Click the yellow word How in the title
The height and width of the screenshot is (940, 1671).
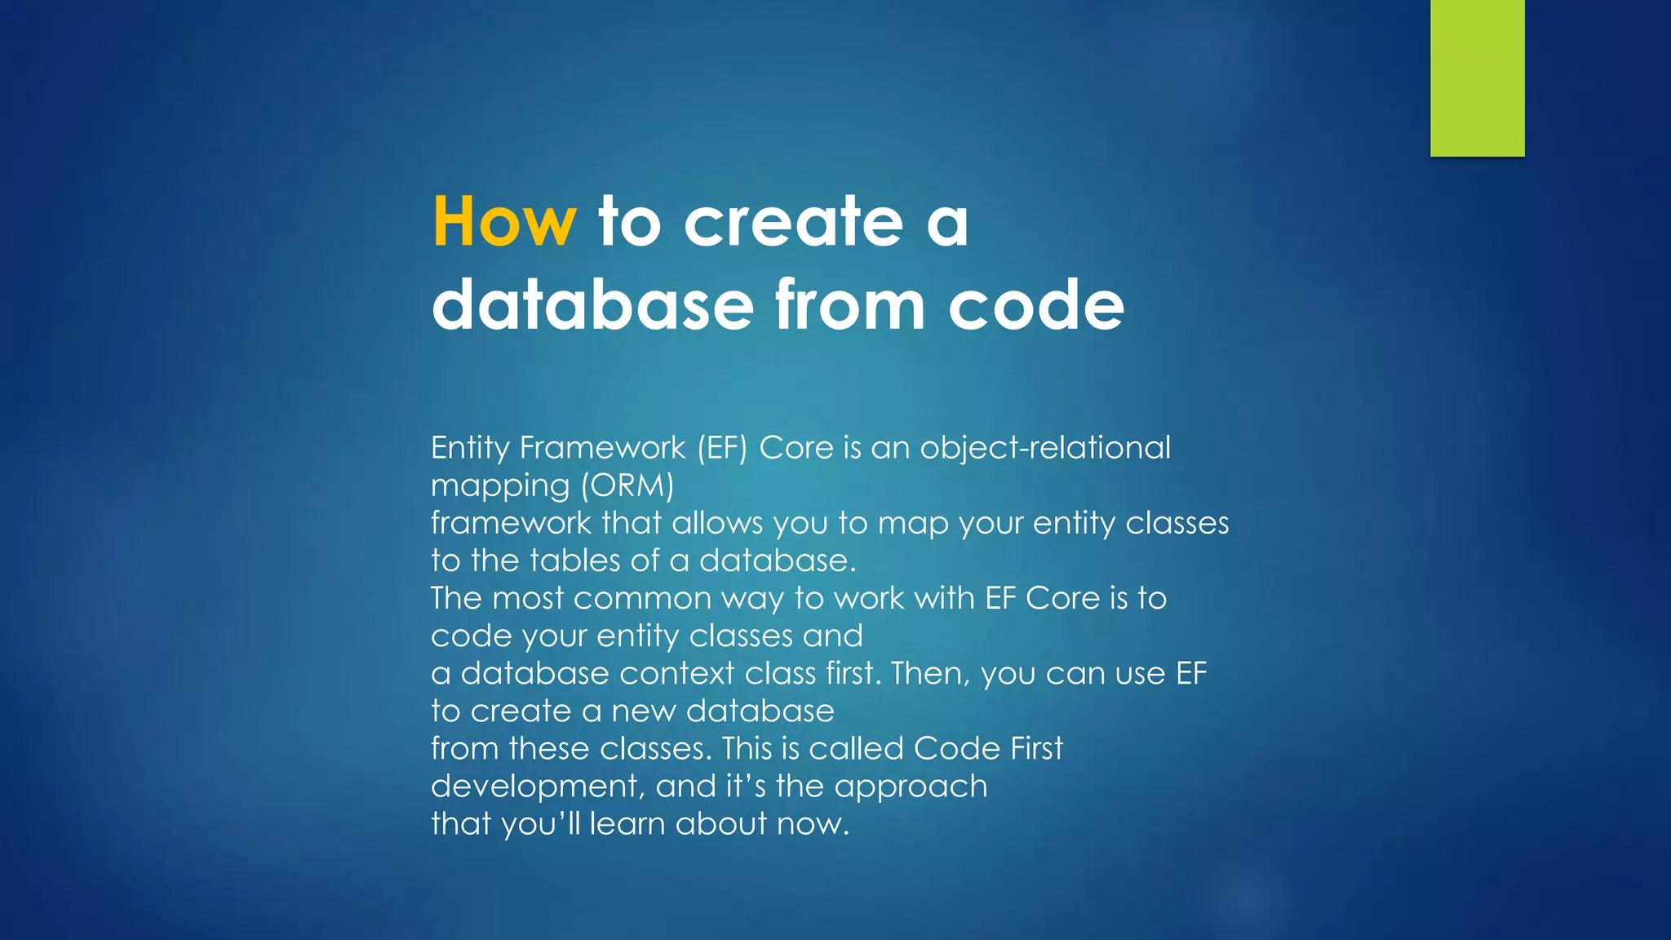(503, 221)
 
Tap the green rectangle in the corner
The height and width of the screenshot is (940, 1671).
(1477, 78)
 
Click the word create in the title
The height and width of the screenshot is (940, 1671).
(793, 221)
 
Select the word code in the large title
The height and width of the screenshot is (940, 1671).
(1036, 304)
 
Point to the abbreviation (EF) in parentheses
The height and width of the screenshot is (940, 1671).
(722, 448)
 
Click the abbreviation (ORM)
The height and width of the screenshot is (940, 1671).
(627, 486)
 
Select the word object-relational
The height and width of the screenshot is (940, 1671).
(1045, 448)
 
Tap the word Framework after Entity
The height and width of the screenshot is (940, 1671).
(602, 448)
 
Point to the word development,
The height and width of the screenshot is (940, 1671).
(538, 787)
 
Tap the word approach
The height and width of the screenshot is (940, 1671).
(911, 787)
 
